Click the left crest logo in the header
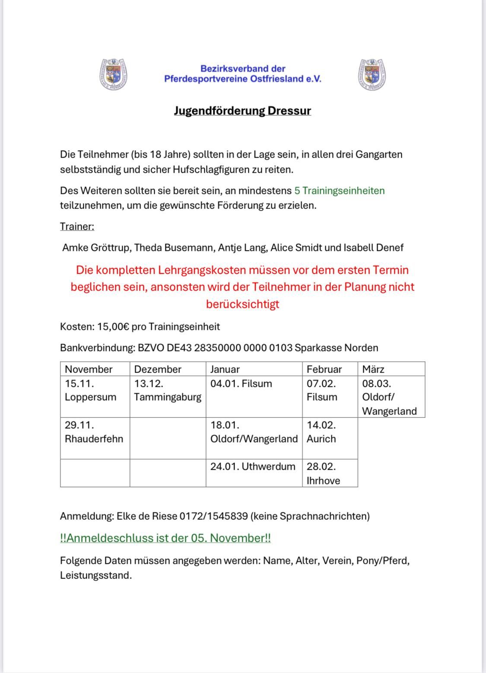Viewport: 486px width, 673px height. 114,74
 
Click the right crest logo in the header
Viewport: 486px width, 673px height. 372,74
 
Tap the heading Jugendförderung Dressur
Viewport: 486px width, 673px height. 242,111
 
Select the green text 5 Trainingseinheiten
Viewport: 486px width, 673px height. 339,191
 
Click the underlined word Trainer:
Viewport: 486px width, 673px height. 77,227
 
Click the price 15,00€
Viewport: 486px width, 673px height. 113,327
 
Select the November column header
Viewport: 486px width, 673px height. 89,370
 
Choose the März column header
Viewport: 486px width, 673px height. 373,370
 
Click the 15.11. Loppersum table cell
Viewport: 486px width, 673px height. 91,390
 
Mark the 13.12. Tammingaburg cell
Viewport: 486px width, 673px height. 168,390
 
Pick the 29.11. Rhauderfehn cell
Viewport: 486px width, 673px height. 94,432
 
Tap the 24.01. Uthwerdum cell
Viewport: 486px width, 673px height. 253,467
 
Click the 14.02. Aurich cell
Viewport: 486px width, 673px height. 321,432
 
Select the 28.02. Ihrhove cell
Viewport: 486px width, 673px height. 323,474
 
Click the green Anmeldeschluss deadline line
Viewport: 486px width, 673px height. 165,538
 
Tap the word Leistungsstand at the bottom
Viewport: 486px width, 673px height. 95,575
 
